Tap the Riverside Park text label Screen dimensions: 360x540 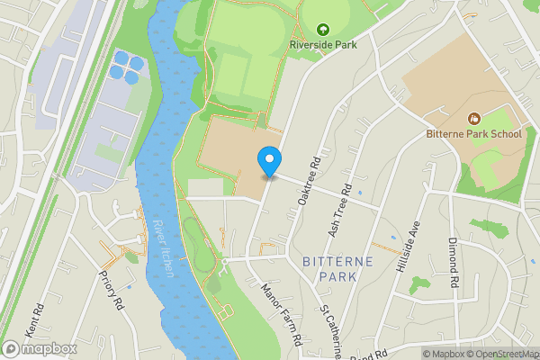(x=323, y=43)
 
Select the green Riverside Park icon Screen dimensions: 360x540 (x=323, y=29)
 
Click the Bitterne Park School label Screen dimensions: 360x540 (x=473, y=134)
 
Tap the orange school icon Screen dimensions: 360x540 (x=473, y=119)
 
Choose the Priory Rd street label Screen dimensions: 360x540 (x=111, y=290)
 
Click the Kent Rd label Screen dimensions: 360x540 (x=35, y=322)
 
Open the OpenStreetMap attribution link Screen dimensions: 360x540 (x=499, y=354)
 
